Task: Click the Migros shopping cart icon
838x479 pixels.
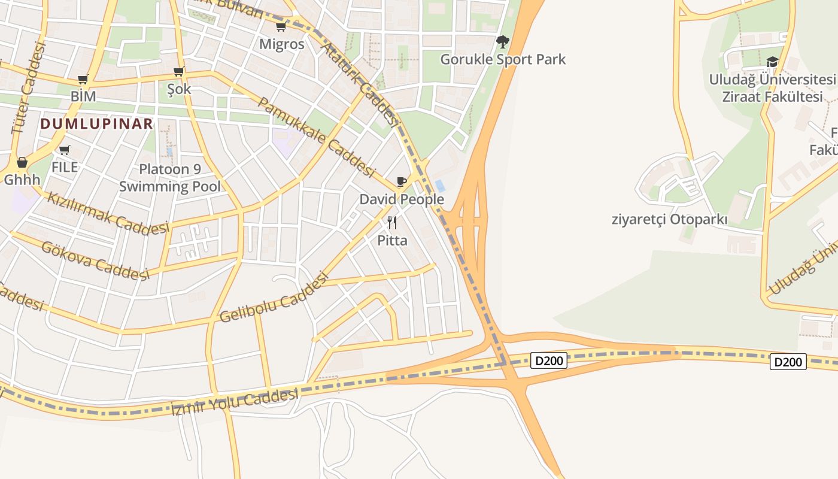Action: pyautogui.click(x=281, y=27)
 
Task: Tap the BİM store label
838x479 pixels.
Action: pyautogui.click(x=83, y=96)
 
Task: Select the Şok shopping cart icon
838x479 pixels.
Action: pyautogui.click(x=178, y=72)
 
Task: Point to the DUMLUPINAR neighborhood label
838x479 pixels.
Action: pyautogui.click(x=97, y=124)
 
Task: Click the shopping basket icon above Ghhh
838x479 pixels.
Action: pyautogui.click(x=22, y=162)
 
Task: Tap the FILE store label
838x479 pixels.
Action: pyautogui.click(x=65, y=166)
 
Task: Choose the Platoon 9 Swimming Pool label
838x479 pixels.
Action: pyautogui.click(x=169, y=178)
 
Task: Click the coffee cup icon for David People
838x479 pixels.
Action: pyautogui.click(x=401, y=182)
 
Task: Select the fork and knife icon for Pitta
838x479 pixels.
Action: pyautogui.click(x=392, y=223)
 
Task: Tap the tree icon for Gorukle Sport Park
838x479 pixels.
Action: pyautogui.click(x=503, y=42)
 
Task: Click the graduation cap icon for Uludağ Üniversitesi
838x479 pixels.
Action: pyautogui.click(x=772, y=62)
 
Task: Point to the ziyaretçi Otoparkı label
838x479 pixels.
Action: pyautogui.click(x=669, y=219)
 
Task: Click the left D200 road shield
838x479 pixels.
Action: pyautogui.click(x=549, y=360)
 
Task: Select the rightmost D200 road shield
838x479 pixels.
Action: pyautogui.click(x=788, y=362)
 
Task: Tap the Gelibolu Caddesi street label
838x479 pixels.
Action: pyautogui.click(x=274, y=298)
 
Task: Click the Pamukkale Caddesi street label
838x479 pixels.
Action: pyautogui.click(x=316, y=136)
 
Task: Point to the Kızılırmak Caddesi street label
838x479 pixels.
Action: pyautogui.click(x=108, y=214)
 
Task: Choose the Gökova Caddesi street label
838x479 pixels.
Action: pyautogui.click(x=95, y=260)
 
